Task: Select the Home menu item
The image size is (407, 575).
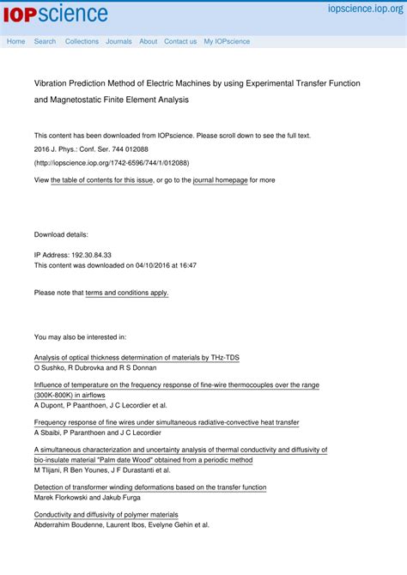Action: click(x=16, y=41)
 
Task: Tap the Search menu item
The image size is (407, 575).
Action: click(x=45, y=41)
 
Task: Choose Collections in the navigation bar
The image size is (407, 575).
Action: click(x=82, y=41)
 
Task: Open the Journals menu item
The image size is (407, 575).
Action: click(x=118, y=41)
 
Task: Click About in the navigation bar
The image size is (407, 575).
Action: click(x=149, y=41)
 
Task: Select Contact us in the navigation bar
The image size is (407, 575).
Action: click(x=180, y=41)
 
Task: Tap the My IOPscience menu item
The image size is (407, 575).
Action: click(x=227, y=41)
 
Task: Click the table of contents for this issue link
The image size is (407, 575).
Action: click(x=102, y=180)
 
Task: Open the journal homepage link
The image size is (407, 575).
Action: click(x=220, y=180)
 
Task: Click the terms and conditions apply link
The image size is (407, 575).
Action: click(x=127, y=293)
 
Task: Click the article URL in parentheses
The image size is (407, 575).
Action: click(x=112, y=162)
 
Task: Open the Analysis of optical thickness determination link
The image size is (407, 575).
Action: click(x=137, y=357)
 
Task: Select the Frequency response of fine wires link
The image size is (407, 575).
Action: click(x=167, y=422)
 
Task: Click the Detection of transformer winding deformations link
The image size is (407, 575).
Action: click(x=150, y=487)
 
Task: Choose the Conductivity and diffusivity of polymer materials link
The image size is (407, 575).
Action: click(x=106, y=515)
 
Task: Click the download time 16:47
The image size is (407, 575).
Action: click(x=186, y=265)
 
